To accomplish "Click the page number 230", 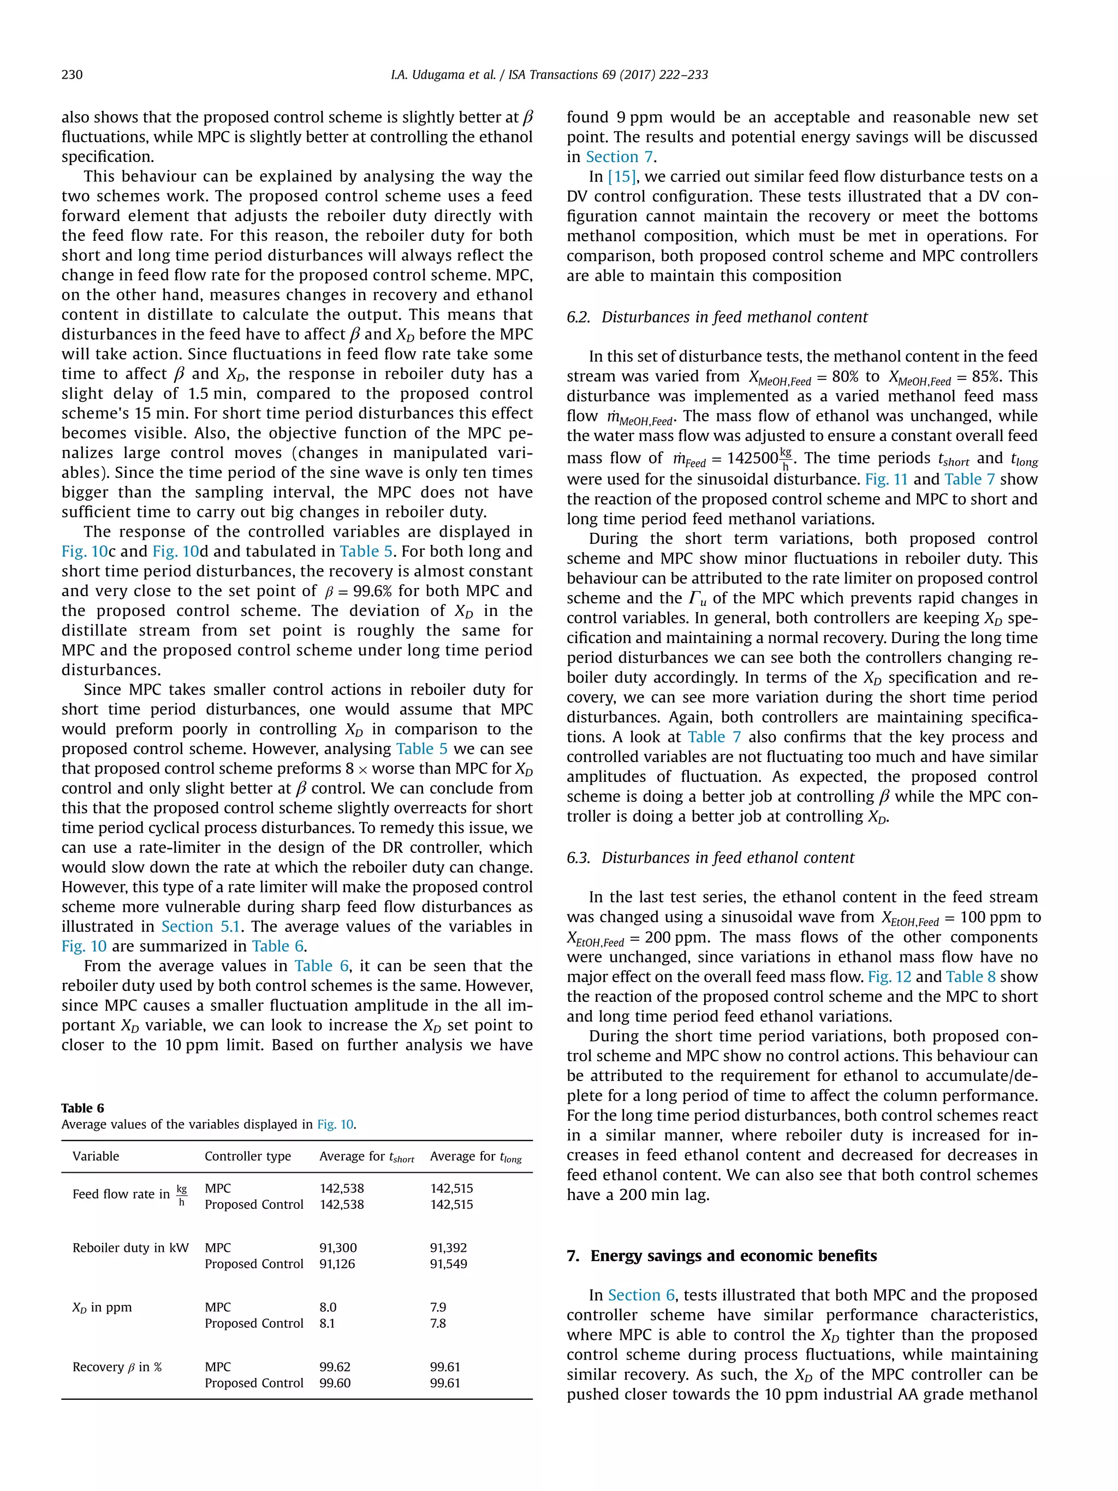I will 72,75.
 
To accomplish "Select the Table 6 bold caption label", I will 82,1108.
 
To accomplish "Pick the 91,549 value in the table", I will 448,1264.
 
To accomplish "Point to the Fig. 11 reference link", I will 886,479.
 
